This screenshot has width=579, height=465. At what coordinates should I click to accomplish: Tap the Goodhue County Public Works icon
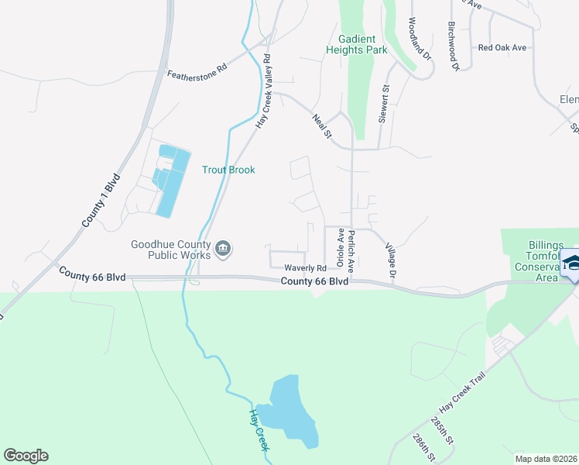[x=223, y=249]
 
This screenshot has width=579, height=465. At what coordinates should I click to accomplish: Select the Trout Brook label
[x=228, y=170]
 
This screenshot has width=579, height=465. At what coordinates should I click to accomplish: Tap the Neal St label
[x=321, y=126]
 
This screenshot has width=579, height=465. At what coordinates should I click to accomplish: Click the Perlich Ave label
[x=351, y=249]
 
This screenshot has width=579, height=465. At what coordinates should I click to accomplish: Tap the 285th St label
[x=440, y=432]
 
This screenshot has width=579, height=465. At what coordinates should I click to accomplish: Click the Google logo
[x=26, y=456]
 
